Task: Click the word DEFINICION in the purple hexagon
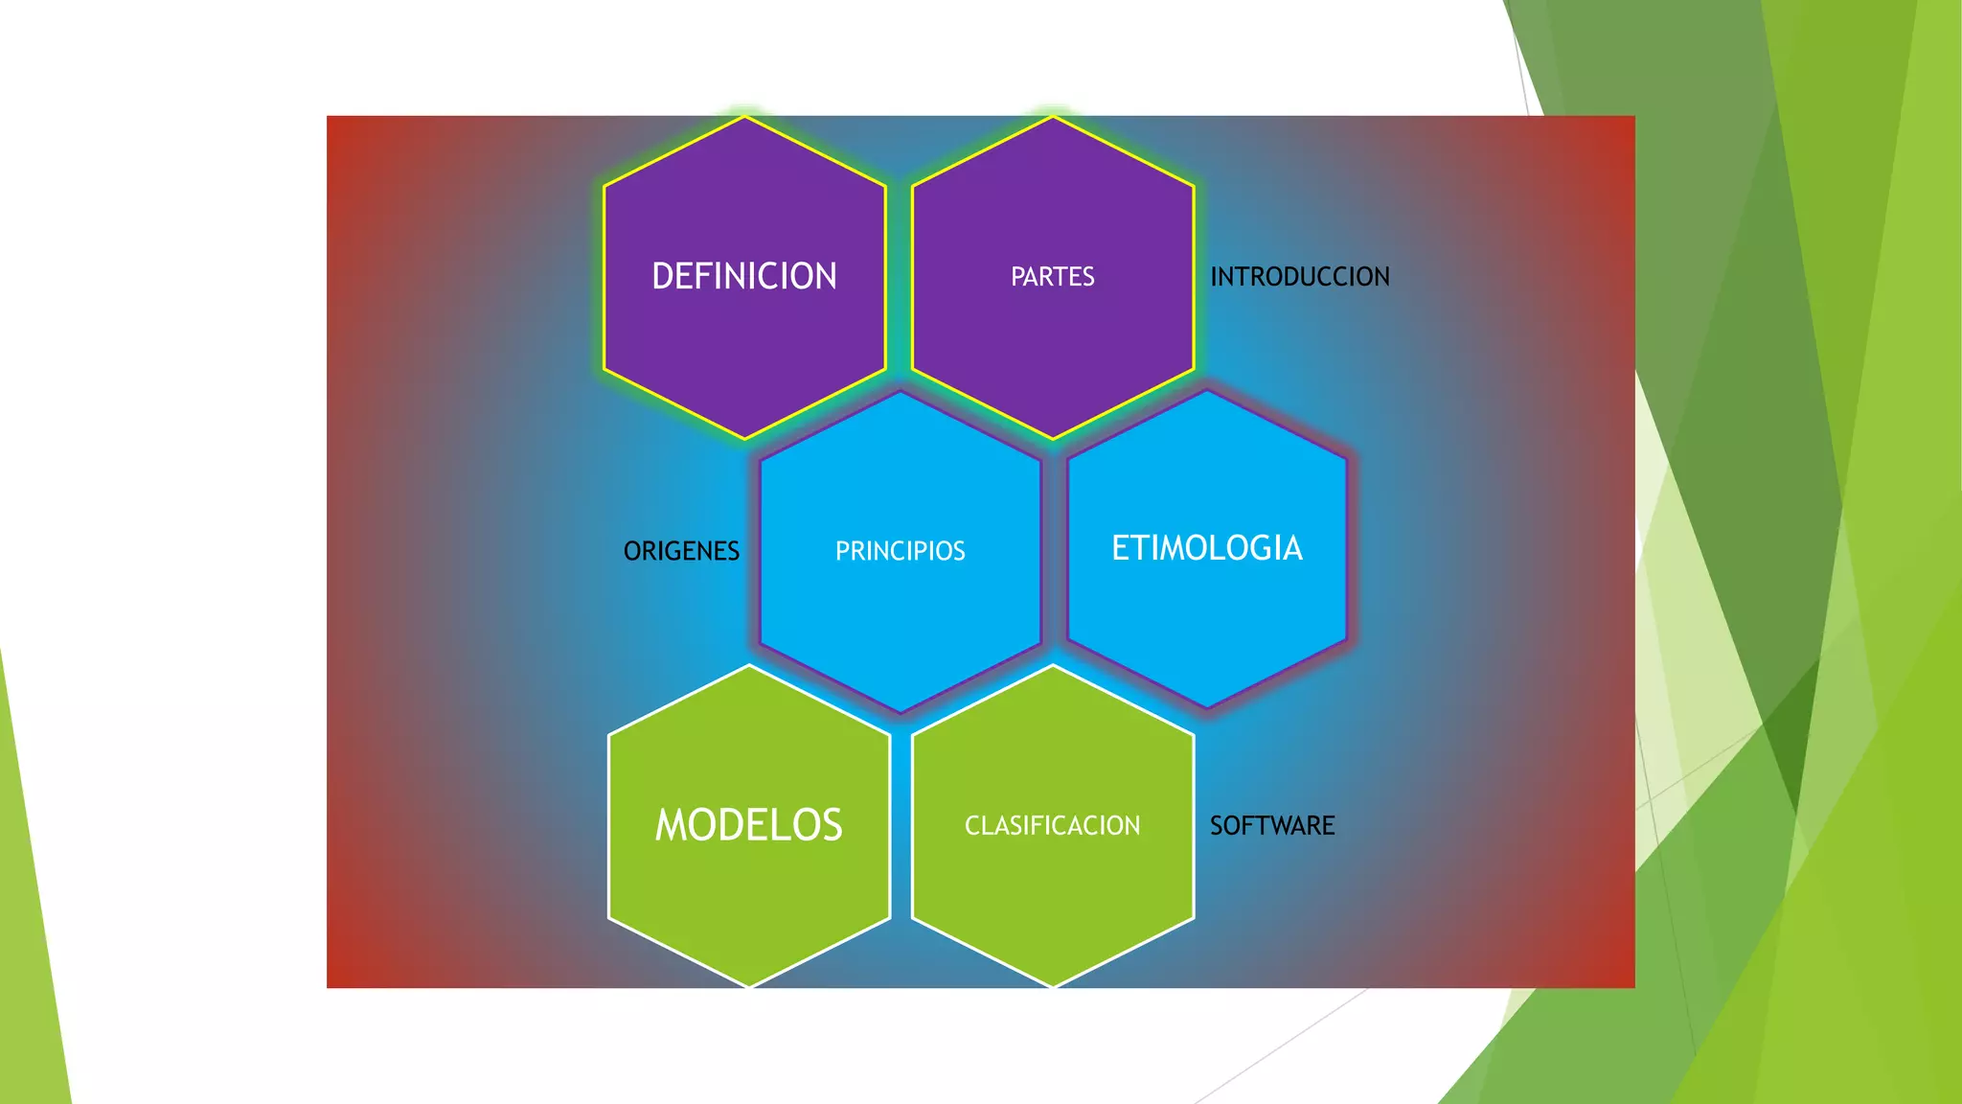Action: (744, 276)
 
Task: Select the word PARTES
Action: (1052, 277)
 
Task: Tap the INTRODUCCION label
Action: (1299, 277)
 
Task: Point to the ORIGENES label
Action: (681, 551)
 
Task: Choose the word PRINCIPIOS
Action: (900, 551)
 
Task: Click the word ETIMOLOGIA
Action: (1206, 548)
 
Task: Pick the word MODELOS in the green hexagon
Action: (748, 825)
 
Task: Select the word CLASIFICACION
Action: (1052, 825)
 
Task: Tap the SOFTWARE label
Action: (1271, 825)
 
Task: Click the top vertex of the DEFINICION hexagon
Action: (744, 117)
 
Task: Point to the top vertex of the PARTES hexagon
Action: (1053, 117)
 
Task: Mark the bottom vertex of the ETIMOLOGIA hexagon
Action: (1207, 708)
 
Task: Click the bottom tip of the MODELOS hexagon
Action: (749, 986)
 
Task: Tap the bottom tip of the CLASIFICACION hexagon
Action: (1053, 986)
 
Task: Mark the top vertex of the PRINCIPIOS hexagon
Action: (900, 391)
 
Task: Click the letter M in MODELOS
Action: (672, 825)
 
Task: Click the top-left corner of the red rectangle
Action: (328, 117)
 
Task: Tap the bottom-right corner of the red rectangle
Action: (1633, 986)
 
